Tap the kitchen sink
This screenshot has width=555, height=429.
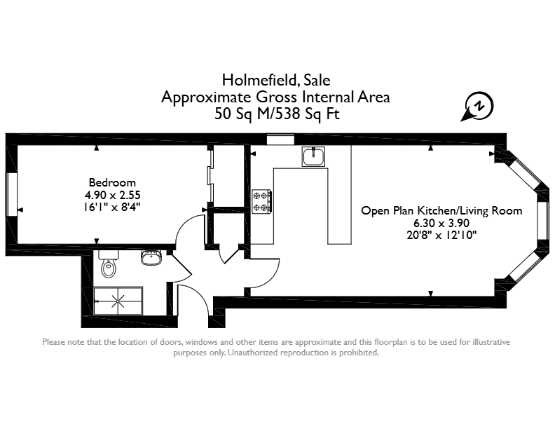click(313, 156)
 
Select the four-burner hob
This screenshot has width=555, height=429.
click(261, 201)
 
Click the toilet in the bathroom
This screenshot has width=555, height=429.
click(109, 264)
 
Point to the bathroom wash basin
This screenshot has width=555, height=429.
click(151, 257)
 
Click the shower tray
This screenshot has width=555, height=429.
click(118, 301)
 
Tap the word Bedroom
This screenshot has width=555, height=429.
click(112, 183)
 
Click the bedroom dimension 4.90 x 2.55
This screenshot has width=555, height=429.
click(113, 195)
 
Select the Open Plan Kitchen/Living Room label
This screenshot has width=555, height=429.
click(441, 211)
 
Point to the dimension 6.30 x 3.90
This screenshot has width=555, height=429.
click(441, 223)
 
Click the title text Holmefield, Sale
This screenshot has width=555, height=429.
click(276, 81)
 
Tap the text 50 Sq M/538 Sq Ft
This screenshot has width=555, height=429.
click(277, 114)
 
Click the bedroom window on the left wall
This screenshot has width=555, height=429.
click(11, 194)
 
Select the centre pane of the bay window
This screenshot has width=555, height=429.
click(542, 220)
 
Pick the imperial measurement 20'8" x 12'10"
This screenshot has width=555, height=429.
click(441, 235)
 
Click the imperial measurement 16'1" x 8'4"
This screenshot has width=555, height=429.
click(112, 207)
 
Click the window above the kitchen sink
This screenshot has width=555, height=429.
click(280, 139)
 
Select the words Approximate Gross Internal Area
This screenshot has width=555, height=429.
click(275, 97)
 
